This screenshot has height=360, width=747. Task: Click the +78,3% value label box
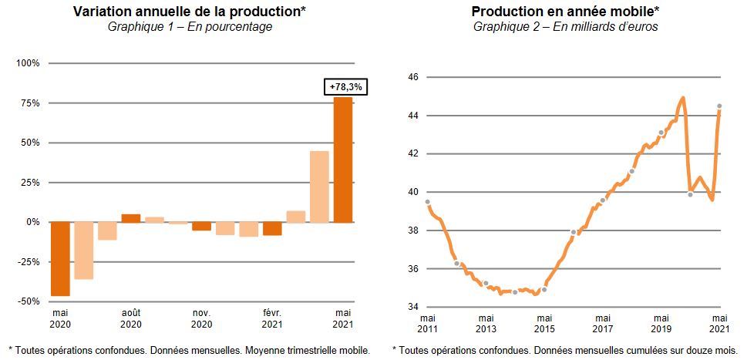click(345, 88)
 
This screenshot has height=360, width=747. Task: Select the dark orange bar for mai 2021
click(343, 160)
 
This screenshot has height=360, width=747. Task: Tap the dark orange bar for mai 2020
click(60, 259)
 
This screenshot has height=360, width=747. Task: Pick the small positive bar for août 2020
click(131, 218)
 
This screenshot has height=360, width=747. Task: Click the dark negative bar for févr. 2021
click(272, 229)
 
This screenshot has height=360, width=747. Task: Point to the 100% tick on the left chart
click(29, 63)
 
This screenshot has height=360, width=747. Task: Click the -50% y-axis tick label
click(29, 301)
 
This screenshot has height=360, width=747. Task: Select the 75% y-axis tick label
click(31, 103)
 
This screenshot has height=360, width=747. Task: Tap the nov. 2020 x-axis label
click(201, 318)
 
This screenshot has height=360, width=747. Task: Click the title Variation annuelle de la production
click(189, 12)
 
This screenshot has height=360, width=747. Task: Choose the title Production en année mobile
click(566, 12)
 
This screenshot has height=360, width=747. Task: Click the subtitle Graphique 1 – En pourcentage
click(190, 27)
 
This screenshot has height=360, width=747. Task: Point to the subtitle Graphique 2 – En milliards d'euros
click(566, 27)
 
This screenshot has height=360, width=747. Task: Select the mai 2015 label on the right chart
click(544, 323)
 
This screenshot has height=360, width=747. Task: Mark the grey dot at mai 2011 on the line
click(427, 202)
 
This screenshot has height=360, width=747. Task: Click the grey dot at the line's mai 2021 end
click(719, 106)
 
